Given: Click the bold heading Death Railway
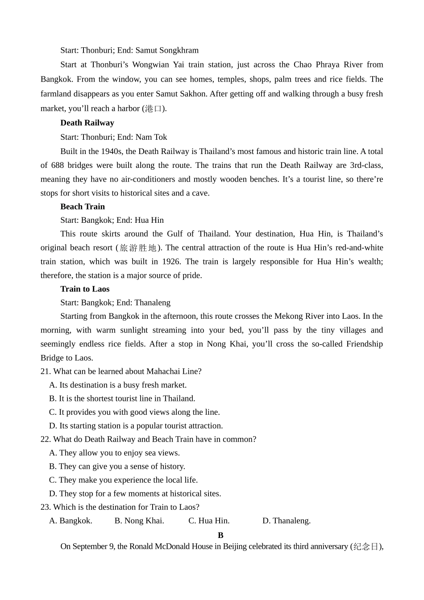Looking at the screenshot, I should [x=87, y=123].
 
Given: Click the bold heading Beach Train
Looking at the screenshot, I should [x=83, y=207].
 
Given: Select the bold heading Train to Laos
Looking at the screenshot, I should [x=85, y=289].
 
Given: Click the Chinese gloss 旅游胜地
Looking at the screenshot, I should [x=138, y=248].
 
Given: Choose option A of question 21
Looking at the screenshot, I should [x=118, y=385].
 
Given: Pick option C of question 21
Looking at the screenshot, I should [x=134, y=412].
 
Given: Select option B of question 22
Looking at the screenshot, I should [x=117, y=466].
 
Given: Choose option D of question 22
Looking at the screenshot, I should [x=135, y=493].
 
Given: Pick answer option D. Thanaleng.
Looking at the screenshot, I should [x=287, y=521].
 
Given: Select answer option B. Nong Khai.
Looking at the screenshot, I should [x=139, y=521].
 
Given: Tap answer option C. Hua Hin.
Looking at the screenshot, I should [x=209, y=521].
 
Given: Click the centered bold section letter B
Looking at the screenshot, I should [x=220, y=535].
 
